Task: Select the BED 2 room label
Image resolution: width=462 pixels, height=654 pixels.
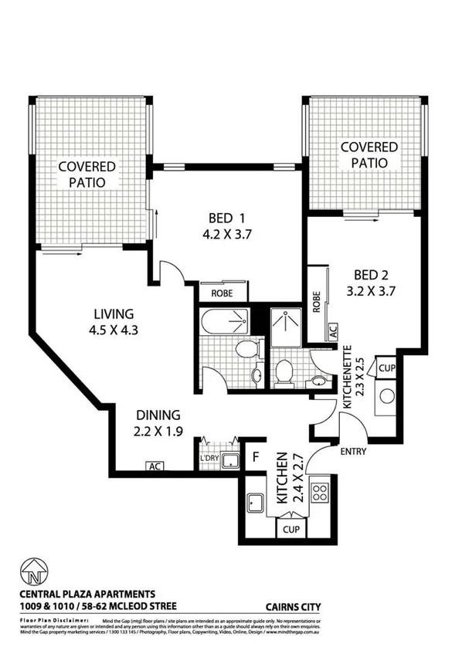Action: click(x=377, y=283)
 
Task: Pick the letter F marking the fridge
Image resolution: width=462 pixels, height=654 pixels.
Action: click(x=254, y=457)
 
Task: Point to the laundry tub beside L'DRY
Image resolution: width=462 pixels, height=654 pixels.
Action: click(x=229, y=461)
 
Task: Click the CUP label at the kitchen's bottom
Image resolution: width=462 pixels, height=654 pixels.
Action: click(x=291, y=530)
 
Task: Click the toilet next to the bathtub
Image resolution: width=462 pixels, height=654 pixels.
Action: click(x=247, y=350)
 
